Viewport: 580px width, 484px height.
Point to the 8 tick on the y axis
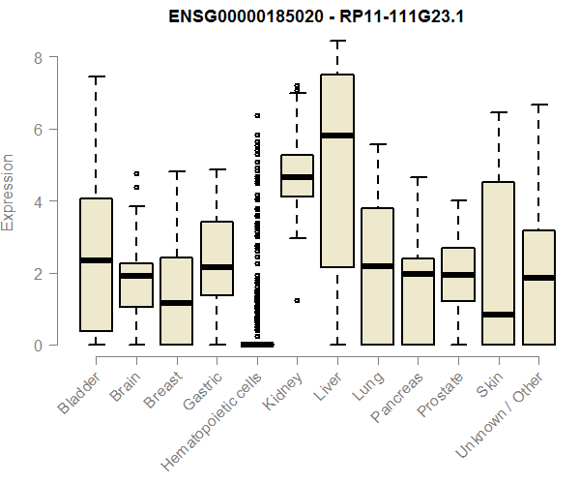pyautogui.click(x=39, y=57)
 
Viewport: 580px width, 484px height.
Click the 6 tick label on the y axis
pyautogui.click(x=39, y=129)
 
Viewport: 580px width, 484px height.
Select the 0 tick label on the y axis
pyautogui.click(x=39, y=345)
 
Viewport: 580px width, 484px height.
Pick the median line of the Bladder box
pyautogui.click(x=97, y=259)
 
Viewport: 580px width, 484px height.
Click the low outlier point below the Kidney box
pyautogui.click(x=297, y=300)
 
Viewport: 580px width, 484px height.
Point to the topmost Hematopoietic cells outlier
pyautogui.click(x=257, y=115)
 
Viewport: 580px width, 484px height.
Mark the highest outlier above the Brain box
pyautogui.click(x=136, y=173)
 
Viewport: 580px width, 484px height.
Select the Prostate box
pyautogui.click(x=457, y=274)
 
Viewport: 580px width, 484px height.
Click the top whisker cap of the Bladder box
pyautogui.click(x=97, y=76)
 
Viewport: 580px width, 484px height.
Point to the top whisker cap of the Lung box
pyautogui.click(x=377, y=144)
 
